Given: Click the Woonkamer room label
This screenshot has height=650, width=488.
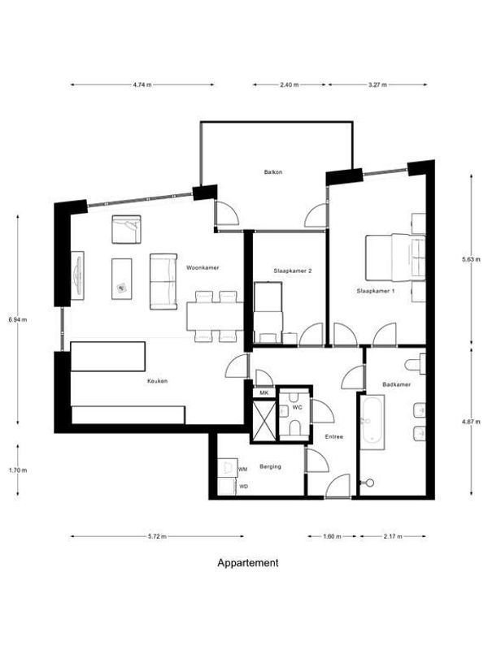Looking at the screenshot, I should tap(203, 267).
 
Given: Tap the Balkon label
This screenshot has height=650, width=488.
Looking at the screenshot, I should tap(272, 172).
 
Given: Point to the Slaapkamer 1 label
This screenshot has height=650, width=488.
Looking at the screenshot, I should tap(375, 290).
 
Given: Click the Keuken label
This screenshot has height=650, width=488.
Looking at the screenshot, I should tap(157, 380).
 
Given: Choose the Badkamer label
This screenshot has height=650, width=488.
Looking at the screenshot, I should tap(395, 383).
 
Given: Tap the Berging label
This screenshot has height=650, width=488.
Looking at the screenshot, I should tap(271, 466).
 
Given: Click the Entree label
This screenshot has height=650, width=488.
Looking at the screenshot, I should tap(333, 436).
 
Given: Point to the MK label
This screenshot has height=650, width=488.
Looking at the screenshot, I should tap(263, 392).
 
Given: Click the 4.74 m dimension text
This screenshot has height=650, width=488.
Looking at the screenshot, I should tap(142, 84).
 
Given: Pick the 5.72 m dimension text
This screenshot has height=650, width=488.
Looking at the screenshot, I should tap(158, 536).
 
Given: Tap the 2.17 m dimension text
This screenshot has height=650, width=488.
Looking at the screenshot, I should tap(394, 536).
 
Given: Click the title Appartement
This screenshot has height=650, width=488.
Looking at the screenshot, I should tap(248, 562).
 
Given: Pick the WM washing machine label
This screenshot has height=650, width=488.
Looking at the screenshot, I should tap(242, 470).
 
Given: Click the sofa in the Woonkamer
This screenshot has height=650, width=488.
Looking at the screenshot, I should tap(163, 281).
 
